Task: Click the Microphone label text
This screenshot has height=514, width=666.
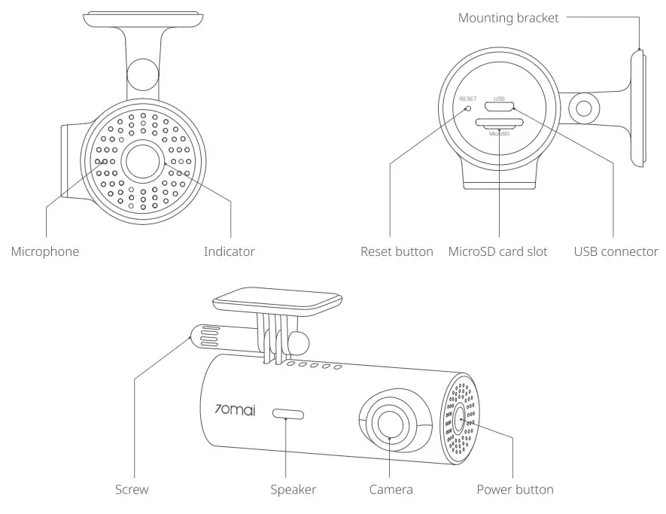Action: point(44,251)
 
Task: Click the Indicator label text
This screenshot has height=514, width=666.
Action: point(229,251)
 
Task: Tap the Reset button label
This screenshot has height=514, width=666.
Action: point(397,251)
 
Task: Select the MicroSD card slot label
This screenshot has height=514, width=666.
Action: point(497,251)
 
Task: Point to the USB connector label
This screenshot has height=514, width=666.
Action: point(616,251)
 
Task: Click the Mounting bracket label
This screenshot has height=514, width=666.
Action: point(509,18)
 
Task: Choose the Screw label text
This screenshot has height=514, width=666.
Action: point(132,490)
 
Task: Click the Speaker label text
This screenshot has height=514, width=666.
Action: point(293,490)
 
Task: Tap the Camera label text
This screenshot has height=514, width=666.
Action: point(391,490)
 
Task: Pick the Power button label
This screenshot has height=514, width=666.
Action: point(515,490)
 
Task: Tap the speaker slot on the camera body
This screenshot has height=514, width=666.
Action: point(288,414)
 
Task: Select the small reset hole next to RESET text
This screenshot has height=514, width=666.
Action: point(468,108)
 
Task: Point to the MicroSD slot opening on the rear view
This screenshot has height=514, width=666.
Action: point(500,123)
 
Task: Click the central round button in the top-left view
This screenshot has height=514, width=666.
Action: point(143,160)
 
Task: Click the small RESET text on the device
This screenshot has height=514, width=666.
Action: point(468,99)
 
